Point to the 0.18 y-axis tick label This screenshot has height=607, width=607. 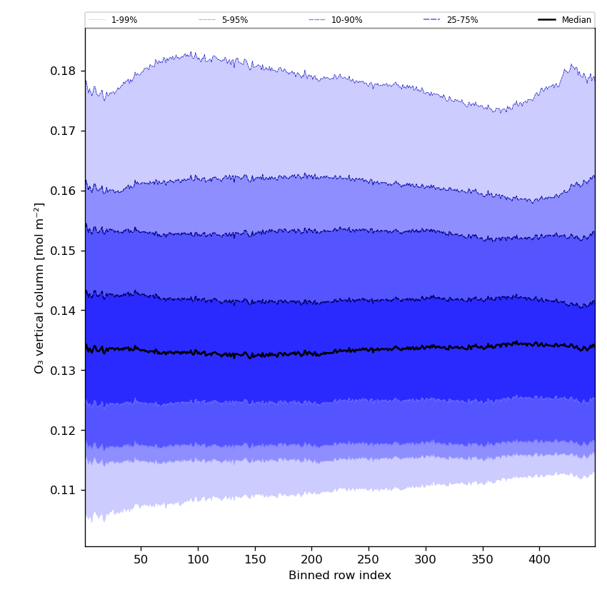click(x=64, y=71)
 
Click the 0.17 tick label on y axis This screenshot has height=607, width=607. click(x=64, y=131)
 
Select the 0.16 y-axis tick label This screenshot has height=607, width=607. click(x=64, y=191)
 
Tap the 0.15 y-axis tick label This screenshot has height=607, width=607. click(x=64, y=251)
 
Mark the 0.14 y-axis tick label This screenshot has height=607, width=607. click(x=64, y=311)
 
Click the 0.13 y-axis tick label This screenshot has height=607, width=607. click(x=64, y=371)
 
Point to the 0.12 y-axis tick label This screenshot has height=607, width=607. click(x=64, y=431)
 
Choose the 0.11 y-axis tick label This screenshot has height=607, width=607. click(x=64, y=491)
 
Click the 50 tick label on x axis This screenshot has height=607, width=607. click(x=141, y=559)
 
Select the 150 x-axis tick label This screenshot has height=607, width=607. click(x=255, y=559)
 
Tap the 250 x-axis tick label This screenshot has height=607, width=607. click(x=368, y=559)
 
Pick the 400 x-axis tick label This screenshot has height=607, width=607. click(x=539, y=559)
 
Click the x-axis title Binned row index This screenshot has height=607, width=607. click(x=340, y=576)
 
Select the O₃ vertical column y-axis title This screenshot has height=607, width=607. click(x=40, y=287)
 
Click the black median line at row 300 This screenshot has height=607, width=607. click(x=426, y=347)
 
